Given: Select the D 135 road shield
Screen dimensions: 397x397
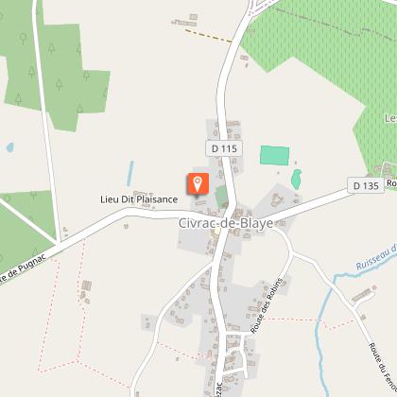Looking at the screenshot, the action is pos(363,185).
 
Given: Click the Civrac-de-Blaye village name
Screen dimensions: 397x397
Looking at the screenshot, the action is pos(225,222).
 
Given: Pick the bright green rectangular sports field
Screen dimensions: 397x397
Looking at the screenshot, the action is pos(273,155).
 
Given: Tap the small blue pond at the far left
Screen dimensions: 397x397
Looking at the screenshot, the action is pos(9,148).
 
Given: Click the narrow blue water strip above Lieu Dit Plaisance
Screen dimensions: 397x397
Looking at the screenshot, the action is pos(130,173).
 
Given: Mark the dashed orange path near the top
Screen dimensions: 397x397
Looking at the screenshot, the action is pos(208,35).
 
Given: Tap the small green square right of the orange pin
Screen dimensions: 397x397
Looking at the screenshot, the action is pos(222,196).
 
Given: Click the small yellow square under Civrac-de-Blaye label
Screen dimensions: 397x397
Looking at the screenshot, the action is pos(216,232).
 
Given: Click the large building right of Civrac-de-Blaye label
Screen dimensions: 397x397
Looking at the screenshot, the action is pos(281,202).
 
